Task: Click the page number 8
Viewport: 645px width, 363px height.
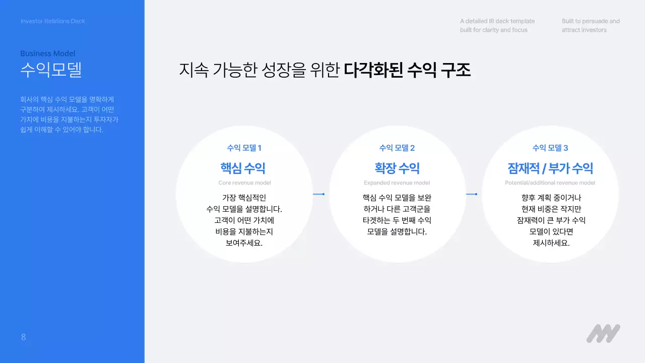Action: point(23,337)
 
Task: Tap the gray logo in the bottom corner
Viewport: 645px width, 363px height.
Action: point(603,333)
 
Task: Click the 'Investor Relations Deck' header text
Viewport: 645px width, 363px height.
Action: point(53,21)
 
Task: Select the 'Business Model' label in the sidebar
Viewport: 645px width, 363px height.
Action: point(48,53)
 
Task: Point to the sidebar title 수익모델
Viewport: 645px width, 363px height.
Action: point(51,70)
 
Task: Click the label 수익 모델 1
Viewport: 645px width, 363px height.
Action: point(244,148)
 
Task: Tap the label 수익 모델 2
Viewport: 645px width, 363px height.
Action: point(397,148)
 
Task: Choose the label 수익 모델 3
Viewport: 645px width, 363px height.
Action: point(550,148)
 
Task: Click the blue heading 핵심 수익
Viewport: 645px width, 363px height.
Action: point(243,168)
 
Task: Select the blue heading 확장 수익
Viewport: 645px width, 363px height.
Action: point(397,168)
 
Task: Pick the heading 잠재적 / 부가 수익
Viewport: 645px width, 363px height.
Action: point(550,168)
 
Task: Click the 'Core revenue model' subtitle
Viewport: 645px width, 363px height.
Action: point(244,183)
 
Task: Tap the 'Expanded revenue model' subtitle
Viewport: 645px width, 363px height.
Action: point(397,183)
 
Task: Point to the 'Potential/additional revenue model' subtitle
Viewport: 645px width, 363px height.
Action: point(550,183)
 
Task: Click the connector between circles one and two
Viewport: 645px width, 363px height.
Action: point(318,194)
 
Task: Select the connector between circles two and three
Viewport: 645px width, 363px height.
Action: point(471,194)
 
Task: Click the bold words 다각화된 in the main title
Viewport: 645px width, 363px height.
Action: point(373,70)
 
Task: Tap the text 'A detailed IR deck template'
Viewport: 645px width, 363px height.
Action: point(497,21)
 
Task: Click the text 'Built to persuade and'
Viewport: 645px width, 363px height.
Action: point(591,21)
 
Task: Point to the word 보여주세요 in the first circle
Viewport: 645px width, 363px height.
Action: point(244,243)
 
